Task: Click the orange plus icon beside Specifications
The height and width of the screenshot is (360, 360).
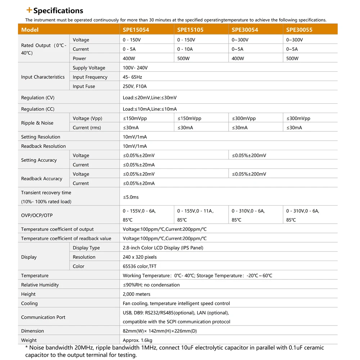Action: coord(30,10)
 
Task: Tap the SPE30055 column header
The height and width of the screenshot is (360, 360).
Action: coord(299,30)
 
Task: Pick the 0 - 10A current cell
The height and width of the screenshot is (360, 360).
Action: coord(185,49)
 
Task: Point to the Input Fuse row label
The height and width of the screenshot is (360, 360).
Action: coord(84,86)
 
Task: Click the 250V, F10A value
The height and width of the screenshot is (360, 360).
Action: coord(135,86)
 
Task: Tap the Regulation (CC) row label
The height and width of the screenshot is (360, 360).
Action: coord(38,109)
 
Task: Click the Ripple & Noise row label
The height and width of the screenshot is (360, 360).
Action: coord(37,123)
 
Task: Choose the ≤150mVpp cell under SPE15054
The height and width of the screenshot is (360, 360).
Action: coord(135,118)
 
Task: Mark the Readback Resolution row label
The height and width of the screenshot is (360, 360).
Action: coord(43,146)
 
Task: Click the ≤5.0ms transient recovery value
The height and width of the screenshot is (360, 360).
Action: coord(131,197)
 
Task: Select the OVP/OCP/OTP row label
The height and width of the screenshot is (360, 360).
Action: coord(37,215)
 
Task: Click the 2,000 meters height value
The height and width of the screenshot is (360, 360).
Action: coord(136,294)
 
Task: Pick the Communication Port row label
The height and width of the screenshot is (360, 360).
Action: coord(43,317)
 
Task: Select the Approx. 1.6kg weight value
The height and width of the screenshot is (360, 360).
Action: coord(138,340)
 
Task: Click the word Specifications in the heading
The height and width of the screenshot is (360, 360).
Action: coord(58,11)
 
